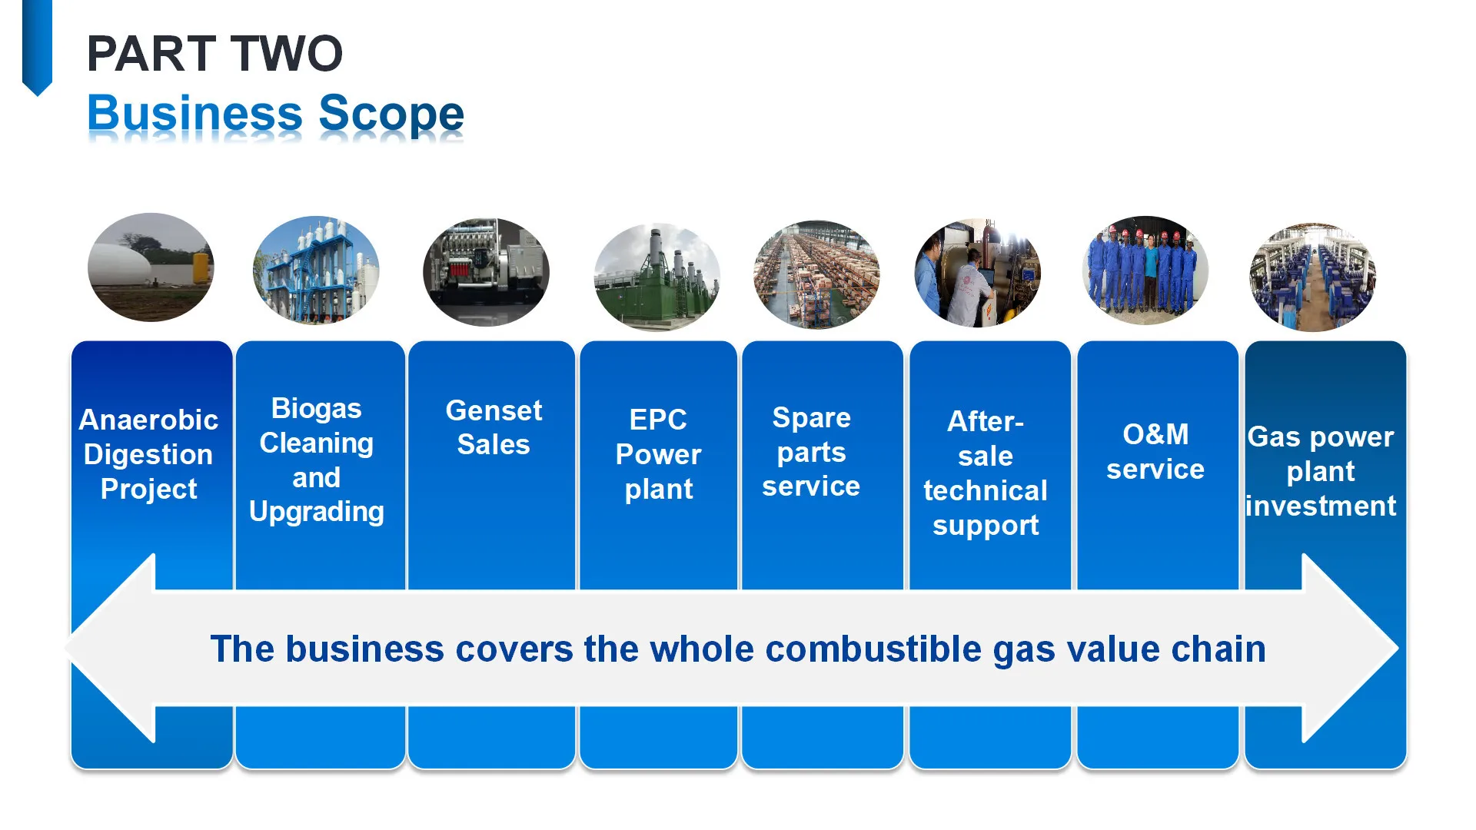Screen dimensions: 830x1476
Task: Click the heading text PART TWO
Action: pyautogui.click(x=214, y=54)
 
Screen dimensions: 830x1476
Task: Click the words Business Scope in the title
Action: pyautogui.click(x=275, y=114)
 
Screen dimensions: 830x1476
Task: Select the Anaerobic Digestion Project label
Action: pyautogui.click(x=149, y=454)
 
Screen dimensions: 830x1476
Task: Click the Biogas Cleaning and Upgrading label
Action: pyautogui.click(x=317, y=460)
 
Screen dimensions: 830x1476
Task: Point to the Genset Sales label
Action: pyautogui.click(x=494, y=427)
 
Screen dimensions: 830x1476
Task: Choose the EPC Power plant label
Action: pyautogui.click(x=659, y=454)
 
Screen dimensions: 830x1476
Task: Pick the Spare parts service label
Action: pyautogui.click(x=811, y=452)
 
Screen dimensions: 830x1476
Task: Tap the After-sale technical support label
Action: pyautogui.click(x=986, y=473)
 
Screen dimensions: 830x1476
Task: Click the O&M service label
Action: pyautogui.click(x=1155, y=452)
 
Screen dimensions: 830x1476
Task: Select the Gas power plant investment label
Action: pyautogui.click(x=1321, y=471)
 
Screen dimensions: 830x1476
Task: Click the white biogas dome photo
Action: pyautogui.click(x=151, y=267)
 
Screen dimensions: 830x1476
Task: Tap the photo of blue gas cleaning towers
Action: pyautogui.click(x=316, y=270)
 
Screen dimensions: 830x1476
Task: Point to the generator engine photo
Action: pyautogui.click(x=486, y=272)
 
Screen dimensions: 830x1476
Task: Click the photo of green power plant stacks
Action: pyautogui.click(x=657, y=277)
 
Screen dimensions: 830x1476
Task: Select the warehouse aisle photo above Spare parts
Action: pyautogui.click(x=816, y=274)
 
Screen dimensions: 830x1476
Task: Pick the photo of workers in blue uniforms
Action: pyautogui.click(x=1145, y=271)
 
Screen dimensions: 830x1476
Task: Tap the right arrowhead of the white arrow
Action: pyautogui.click(x=1349, y=648)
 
